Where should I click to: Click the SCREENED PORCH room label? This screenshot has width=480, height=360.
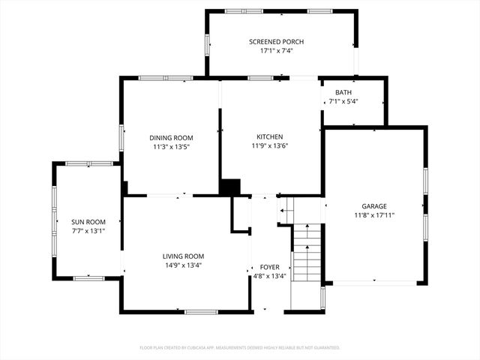click(x=276, y=41)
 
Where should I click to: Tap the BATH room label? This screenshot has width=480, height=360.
click(x=343, y=91)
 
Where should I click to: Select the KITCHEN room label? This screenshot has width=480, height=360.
click(x=269, y=136)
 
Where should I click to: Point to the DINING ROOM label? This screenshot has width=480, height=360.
click(x=171, y=137)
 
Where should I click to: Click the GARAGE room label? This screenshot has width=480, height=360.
click(x=373, y=205)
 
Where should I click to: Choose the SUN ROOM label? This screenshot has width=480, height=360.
click(x=88, y=222)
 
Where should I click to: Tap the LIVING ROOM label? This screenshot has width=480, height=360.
click(x=183, y=256)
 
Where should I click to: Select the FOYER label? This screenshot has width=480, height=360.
click(x=269, y=267)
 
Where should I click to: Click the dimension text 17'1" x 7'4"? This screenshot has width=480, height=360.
click(x=276, y=51)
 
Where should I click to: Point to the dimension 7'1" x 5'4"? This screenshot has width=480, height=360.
click(x=343, y=101)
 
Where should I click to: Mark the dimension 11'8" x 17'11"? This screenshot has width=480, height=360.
click(x=373, y=215)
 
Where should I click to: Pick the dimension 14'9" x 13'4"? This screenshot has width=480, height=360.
click(x=183, y=265)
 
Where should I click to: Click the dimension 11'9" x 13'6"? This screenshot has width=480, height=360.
click(x=269, y=145)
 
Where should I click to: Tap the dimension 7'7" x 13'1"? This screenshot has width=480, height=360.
click(x=88, y=231)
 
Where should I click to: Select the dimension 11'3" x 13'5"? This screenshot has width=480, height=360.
click(x=171, y=146)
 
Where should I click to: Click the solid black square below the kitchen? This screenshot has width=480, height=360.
click(x=229, y=187)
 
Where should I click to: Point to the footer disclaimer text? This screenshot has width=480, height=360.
click(x=240, y=347)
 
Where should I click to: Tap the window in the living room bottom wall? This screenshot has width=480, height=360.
click(x=201, y=311)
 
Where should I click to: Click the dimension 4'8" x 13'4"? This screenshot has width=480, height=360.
click(x=269, y=276)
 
